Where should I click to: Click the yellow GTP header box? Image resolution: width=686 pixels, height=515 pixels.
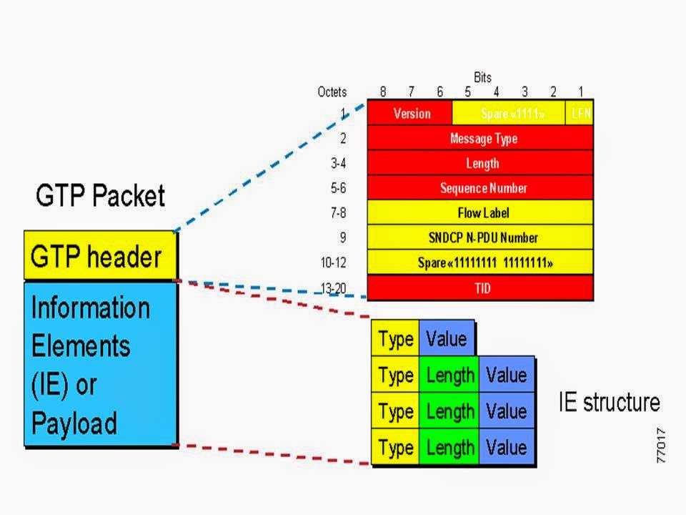[x=99, y=255]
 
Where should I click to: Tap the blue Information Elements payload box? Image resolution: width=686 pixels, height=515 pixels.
[x=100, y=364]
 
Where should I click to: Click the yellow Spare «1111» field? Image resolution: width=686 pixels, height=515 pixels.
[x=509, y=113]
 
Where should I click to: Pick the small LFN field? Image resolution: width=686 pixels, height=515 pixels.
[x=580, y=113]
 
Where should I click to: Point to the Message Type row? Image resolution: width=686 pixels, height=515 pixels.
[x=480, y=138]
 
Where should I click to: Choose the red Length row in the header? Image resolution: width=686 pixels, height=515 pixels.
[x=480, y=163]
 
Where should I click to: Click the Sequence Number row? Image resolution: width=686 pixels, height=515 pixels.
[x=480, y=188]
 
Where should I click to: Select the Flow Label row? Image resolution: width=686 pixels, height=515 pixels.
[x=480, y=212]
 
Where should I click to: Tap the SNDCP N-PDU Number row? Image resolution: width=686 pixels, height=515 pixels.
[x=480, y=237]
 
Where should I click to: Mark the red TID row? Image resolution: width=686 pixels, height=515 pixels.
[x=480, y=288]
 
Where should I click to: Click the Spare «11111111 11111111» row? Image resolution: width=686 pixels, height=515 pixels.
[x=480, y=263]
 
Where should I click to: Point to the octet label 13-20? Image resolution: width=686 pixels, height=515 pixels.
[x=333, y=288]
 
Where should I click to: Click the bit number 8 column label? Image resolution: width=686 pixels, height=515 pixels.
[x=383, y=92]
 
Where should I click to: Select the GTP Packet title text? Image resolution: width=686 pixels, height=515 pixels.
[x=100, y=195]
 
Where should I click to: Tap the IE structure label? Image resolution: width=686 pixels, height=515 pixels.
[x=609, y=402]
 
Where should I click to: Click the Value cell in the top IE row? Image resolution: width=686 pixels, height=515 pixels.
[x=446, y=338]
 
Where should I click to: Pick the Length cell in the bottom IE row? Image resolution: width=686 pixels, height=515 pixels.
[x=449, y=448]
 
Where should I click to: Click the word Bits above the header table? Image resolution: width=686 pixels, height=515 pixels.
[x=482, y=77]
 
